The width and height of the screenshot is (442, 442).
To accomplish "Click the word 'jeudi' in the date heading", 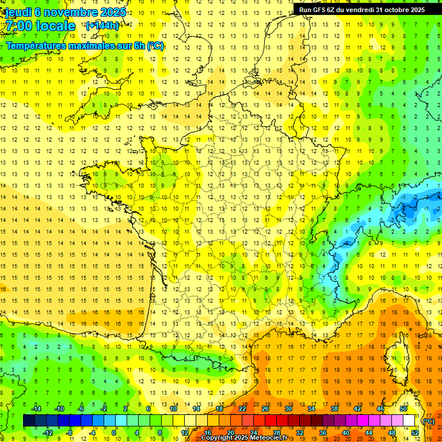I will tap(18, 12).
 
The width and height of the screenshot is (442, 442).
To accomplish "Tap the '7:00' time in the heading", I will tap(19, 26).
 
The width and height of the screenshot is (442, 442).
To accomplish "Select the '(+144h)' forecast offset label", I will tap(102, 25).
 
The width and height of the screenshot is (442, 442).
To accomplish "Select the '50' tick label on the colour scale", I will tap(403, 409).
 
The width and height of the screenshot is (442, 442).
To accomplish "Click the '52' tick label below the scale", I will tap(415, 433).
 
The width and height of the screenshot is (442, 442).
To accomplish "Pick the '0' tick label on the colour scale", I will tap(114, 433).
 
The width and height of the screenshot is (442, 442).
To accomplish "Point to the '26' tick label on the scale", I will tap(265, 409).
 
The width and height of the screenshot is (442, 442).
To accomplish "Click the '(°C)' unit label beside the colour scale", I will tap(429, 421).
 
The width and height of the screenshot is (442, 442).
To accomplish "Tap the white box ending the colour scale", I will tap(409, 421).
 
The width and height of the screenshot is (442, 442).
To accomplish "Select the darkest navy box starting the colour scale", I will tap(29, 421).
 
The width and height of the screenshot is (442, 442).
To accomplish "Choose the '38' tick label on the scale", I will tap(334, 409).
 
